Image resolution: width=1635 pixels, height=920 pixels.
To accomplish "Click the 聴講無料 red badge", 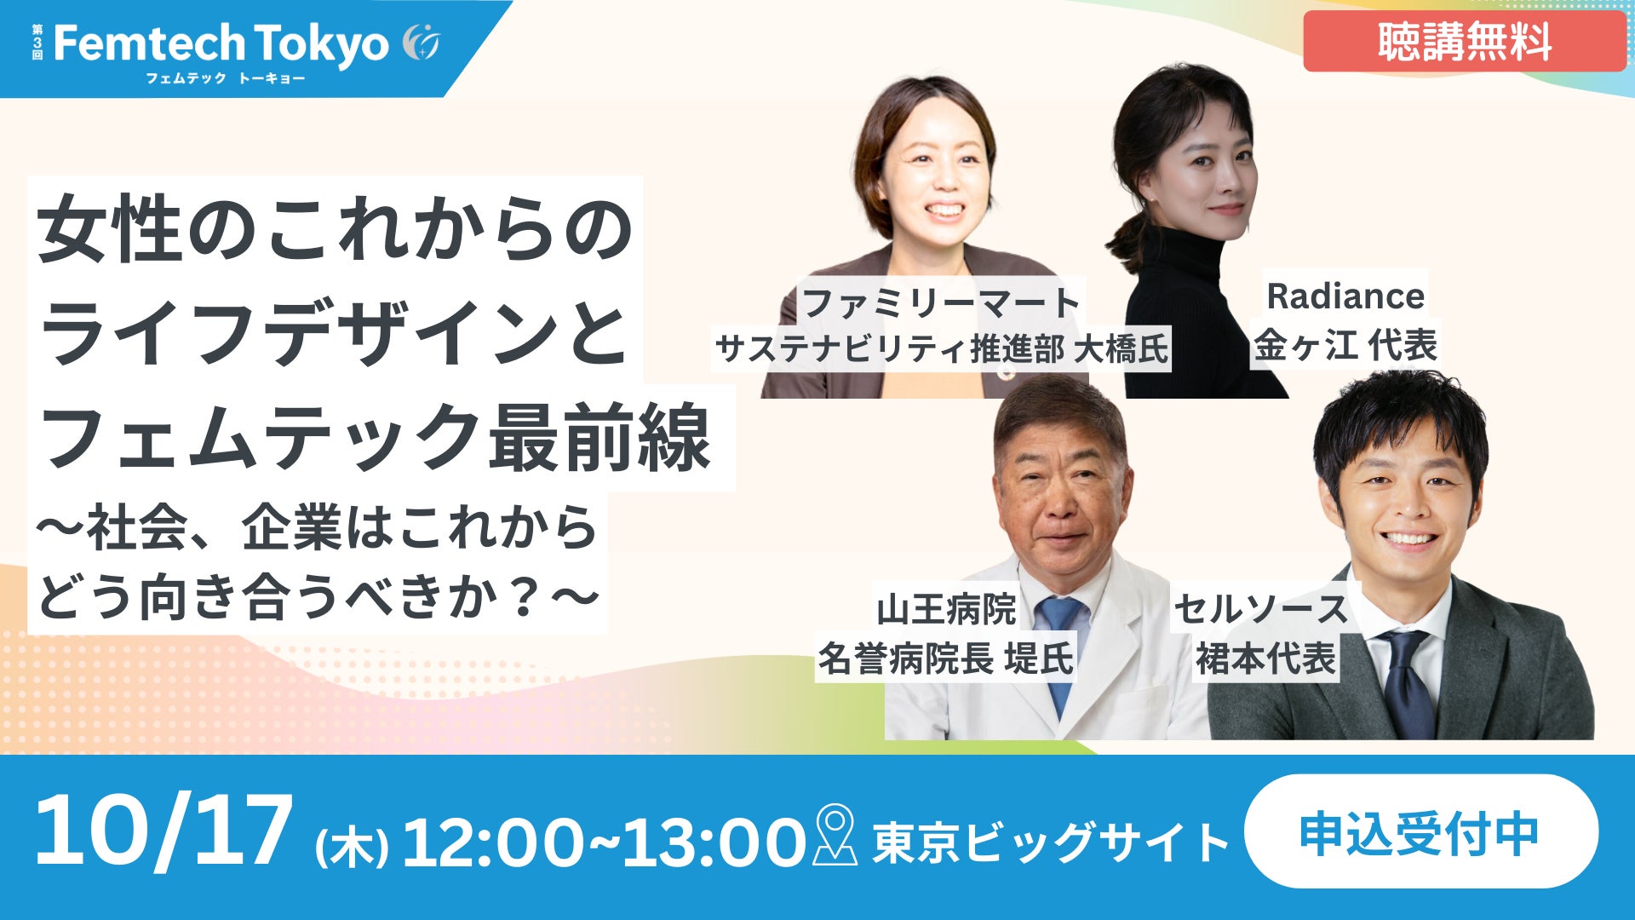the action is click(x=1464, y=41).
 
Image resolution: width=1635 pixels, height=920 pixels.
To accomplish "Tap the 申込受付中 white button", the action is click(x=1421, y=831).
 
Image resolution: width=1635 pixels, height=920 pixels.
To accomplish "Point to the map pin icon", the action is click(x=835, y=835).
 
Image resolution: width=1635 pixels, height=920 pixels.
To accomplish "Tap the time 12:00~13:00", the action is click(x=604, y=842).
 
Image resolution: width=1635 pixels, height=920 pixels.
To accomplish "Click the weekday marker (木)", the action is click(x=352, y=848).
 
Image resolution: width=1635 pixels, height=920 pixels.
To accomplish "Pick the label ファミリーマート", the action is click(x=941, y=302).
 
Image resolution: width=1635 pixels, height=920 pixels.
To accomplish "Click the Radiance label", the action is click(x=1345, y=296).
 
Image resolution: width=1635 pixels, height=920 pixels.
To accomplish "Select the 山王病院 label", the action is click(x=947, y=610).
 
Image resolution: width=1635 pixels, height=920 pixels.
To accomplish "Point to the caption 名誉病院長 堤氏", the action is click(x=946, y=658).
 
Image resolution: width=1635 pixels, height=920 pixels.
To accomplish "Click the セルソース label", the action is click(x=1260, y=610).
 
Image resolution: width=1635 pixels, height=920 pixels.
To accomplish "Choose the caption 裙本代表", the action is click(x=1265, y=658).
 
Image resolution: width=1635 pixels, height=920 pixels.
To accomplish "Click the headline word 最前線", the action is click(x=599, y=439).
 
